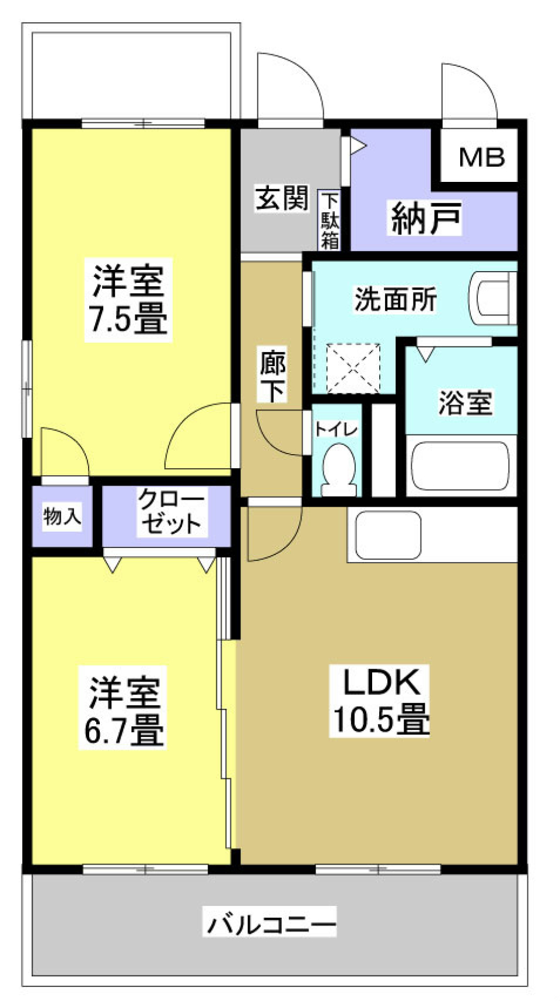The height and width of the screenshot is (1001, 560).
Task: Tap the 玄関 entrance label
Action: pyautogui.click(x=282, y=198)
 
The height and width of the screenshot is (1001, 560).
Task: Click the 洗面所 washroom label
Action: pyautogui.click(x=395, y=299)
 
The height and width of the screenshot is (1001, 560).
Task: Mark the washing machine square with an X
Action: pyautogui.click(x=352, y=368)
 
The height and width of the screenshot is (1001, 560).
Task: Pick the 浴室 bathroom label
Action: pyautogui.click(x=464, y=402)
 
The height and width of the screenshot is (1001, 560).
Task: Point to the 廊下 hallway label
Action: pyautogui.click(x=272, y=377)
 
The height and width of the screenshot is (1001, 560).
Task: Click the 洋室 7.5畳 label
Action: pyautogui.click(x=128, y=298)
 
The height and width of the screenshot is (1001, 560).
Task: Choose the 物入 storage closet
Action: pyautogui.click(x=62, y=516)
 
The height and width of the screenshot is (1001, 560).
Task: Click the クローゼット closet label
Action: pyautogui.click(x=170, y=511)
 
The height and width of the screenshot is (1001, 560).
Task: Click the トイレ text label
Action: pyautogui.click(x=335, y=430)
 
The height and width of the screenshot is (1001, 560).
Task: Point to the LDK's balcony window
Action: pyautogui.click(x=378, y=869)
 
